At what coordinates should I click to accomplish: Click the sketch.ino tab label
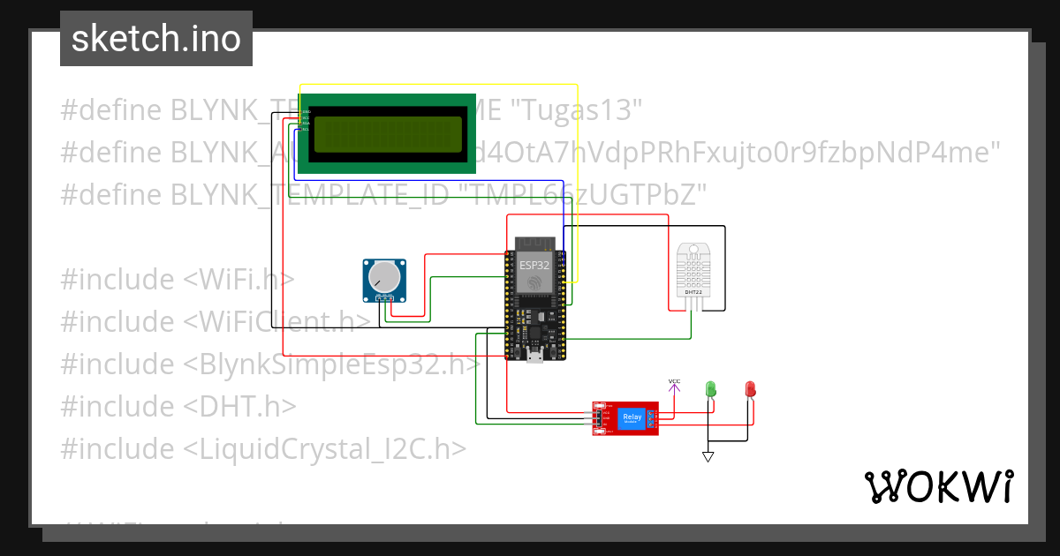156,39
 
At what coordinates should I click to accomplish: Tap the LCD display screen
388,134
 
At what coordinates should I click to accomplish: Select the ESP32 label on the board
534,264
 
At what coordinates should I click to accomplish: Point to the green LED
710,388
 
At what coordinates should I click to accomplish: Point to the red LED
750,388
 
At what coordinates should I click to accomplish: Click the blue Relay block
632,417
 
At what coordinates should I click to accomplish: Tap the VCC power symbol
674,383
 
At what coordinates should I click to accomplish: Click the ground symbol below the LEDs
708,456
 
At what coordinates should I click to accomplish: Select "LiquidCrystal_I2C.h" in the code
325,448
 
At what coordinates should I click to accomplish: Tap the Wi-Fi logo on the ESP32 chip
534,282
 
